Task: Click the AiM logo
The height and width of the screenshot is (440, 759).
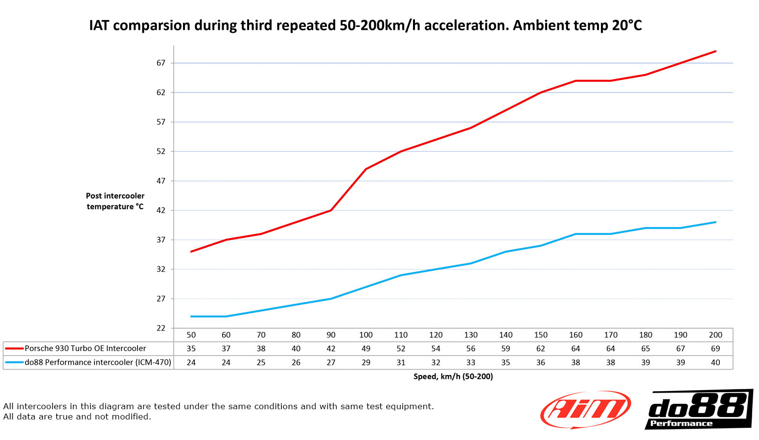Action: click(x=585, y=409)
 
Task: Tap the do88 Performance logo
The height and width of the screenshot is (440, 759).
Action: click(x=699, y=409)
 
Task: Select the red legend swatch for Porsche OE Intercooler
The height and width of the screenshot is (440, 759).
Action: click(x=14, y=349)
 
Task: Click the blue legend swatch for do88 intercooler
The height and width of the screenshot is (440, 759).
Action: click(x=14, y=362)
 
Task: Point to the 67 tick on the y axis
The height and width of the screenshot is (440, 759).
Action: click(x=161, y=63)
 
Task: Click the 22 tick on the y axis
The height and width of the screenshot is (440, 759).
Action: click(x=161, y=328)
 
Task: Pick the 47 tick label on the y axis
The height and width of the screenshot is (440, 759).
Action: click(x=161, y=181)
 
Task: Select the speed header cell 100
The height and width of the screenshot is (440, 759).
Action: click(x=366, y=335)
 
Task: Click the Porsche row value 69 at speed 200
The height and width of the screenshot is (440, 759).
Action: click(x=715, y=349)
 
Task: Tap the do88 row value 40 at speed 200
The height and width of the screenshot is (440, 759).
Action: click(x=715, y=362)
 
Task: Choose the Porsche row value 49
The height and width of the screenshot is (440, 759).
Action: click(x=366, y=349)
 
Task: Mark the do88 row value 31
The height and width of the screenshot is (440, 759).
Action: click(x=401, y=362)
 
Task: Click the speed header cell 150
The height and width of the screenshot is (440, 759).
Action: click(x=541, y=335)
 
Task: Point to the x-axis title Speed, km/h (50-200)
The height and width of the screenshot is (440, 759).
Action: click(x=453, y=376)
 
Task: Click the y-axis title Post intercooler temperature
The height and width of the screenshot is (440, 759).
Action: click(x=115, y=201)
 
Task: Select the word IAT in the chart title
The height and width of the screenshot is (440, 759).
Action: click(x=99, y=25)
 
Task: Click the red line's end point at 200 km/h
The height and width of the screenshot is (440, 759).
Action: click(x=715, y=51)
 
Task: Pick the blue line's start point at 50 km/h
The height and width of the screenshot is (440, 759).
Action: click(x=191, y=316)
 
